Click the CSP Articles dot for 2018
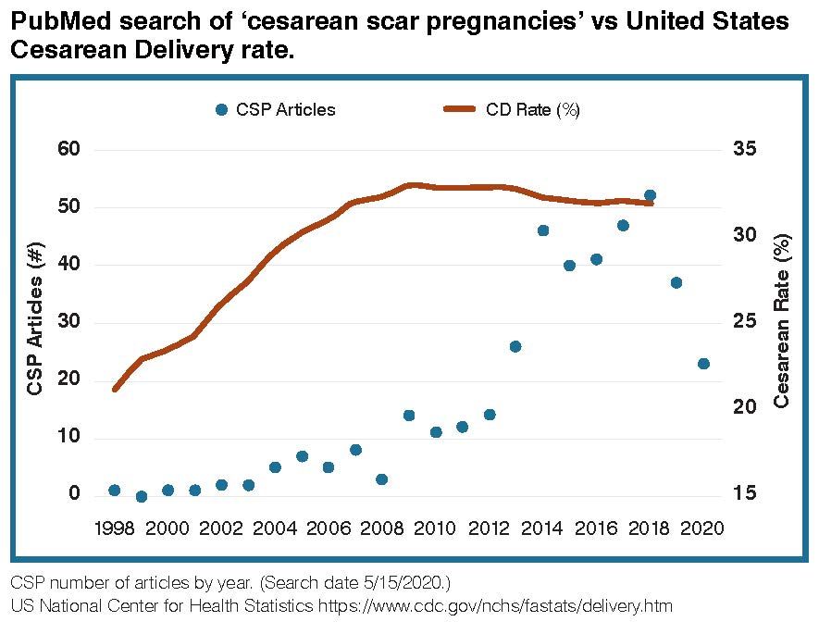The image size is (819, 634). click(650, 195)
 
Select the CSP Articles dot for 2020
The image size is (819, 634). click(703, 364)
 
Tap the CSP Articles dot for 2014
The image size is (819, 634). click(543, 230)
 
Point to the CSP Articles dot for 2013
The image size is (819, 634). click(515, 346)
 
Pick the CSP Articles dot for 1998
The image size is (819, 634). click(114, 491)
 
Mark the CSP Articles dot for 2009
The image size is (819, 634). click(409, 416)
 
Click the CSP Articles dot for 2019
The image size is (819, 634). click(676, 282)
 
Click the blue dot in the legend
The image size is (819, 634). click(220, 109)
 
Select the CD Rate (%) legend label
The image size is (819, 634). click(532, 109)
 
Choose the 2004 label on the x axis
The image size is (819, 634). click(275, 528)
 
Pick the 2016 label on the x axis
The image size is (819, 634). click(596, 528)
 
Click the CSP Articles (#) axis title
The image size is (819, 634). click(35, 321)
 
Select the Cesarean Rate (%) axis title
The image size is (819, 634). click(782, 321)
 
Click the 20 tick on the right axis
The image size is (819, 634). click(747, 407)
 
